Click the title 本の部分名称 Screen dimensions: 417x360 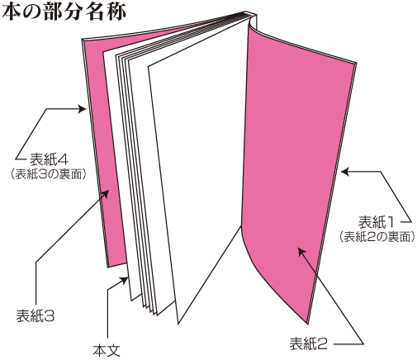64,12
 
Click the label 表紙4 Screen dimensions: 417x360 49,159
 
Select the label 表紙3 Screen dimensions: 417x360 36,316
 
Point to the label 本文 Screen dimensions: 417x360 107,350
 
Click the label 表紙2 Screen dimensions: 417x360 309,343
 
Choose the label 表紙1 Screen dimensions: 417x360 377,222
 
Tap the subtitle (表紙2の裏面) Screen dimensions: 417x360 377,237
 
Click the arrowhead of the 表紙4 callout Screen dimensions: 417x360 83,109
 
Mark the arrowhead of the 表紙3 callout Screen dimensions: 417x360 106,194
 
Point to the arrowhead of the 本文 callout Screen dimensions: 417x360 124,281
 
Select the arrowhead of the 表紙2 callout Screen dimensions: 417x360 302,252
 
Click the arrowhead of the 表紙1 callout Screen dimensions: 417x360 345,172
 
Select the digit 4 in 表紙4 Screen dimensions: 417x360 64,159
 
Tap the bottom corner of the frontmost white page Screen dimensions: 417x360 178,323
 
